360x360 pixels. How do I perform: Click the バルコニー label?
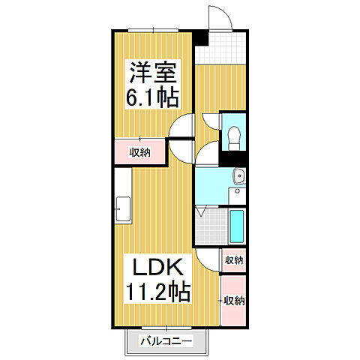(x=166, y=342)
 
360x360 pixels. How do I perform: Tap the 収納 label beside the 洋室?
(x=139, y=152)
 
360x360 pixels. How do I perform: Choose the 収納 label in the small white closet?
(x=233, y=260)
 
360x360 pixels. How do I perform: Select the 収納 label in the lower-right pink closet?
(x=233, y=301)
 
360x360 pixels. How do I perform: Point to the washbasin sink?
(x=238, y=176)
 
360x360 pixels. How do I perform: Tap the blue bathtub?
(x=237, y=226)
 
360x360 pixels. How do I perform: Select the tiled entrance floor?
(x=220, y=49)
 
